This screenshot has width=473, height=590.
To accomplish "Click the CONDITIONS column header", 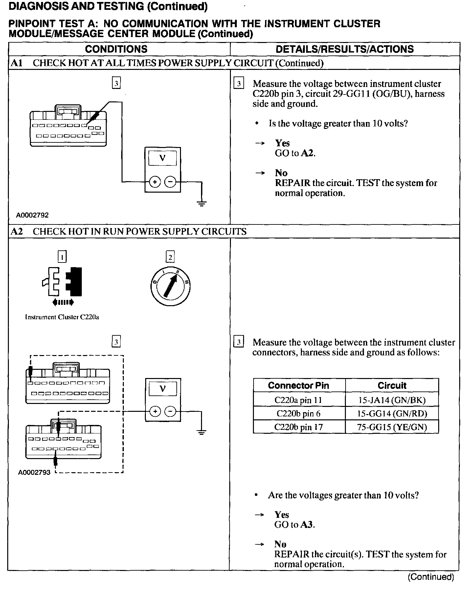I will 116,49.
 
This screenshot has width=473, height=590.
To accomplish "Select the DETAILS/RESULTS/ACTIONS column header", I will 345,49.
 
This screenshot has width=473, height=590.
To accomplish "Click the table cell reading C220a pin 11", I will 298,400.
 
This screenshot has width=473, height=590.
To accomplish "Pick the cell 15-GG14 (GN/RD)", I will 392,413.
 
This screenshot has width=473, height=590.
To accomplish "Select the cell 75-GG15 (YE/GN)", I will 392,427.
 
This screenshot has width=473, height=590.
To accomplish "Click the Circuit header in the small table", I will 392,386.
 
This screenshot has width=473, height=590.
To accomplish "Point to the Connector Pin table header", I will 298,386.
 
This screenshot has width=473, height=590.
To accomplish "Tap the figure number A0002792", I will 33,215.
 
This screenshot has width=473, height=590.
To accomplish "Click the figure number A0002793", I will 34,473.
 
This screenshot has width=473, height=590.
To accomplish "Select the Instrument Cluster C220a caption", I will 62,317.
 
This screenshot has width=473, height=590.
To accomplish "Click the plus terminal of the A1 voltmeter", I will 155,182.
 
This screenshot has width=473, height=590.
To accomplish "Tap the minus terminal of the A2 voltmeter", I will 170,411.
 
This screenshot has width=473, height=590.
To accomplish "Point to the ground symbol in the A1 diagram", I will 202,203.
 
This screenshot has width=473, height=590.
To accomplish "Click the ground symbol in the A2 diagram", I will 202,432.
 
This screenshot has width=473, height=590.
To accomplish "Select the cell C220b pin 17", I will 298,427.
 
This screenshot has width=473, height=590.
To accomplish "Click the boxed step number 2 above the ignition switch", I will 170,257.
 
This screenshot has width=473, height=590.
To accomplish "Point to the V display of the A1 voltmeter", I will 163,158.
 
